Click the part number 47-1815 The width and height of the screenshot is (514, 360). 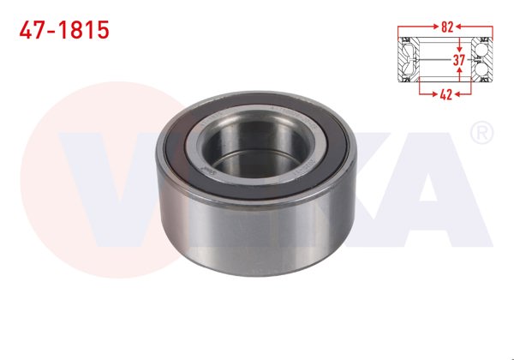[64, 30]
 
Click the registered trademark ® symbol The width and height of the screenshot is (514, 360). [481, 132]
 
